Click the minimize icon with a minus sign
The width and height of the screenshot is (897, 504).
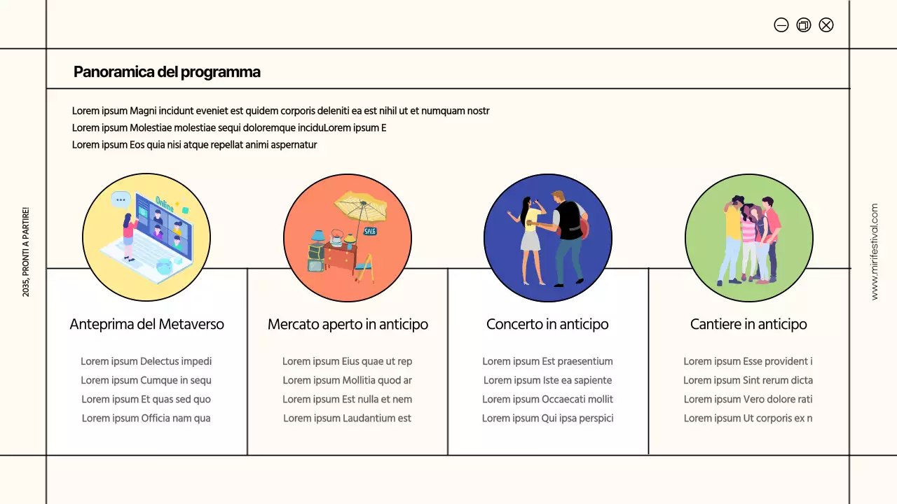pos(781,25)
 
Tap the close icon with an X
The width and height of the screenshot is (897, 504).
pos(826,25)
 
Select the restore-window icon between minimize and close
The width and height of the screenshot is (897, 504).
pos(804,25)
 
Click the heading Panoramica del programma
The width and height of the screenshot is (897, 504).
pos(167,71)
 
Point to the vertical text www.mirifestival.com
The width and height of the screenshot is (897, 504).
pos(874,252)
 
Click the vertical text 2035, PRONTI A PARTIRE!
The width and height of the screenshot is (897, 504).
pos(26,252)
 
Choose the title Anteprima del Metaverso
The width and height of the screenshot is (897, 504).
pos(146,324)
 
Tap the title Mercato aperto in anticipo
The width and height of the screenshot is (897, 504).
pos(348,324)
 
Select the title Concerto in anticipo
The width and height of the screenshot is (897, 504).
pos(547,324)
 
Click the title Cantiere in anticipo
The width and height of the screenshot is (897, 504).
pos(748,324)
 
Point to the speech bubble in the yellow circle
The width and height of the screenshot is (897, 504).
pos(121,199)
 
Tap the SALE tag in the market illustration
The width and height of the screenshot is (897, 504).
pos(369,231)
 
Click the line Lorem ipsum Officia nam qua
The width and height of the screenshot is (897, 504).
pos(146,418)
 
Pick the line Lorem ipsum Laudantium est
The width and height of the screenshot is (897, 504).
pos(347,418)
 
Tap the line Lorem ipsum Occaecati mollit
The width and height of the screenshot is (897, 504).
pos(547,399)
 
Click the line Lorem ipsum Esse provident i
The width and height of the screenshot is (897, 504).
pos(748,361)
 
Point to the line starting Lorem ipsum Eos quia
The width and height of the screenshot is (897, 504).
pos(194,145)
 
